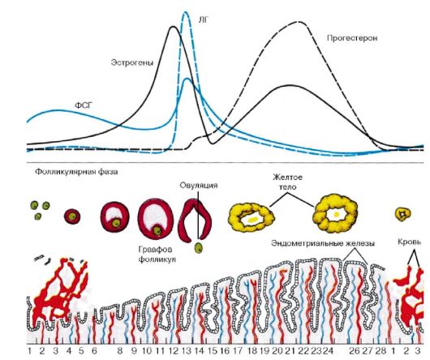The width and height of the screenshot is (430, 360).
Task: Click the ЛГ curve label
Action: pos(202,19)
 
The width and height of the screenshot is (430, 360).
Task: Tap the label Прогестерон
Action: pos(352,38)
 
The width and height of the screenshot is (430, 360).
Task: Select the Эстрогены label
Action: pos(132,62)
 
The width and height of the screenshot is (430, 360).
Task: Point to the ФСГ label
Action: pos(83,105)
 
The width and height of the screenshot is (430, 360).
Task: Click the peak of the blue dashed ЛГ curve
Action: pos(186,12)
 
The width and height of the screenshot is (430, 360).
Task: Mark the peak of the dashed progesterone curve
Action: pos(299,22)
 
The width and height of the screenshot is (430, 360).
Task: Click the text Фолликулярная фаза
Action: pos(76,172)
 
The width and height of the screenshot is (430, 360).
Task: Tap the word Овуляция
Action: pos(199,185)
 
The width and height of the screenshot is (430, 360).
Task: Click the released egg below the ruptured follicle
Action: pos(198,248)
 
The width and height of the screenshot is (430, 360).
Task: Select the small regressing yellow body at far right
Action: pos(403,214)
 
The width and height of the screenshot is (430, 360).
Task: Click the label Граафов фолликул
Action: pos(157,255)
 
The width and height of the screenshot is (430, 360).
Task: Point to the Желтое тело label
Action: pos(288,182)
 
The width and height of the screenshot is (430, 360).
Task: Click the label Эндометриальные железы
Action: pos(323,243)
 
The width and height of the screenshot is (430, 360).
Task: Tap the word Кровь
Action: pos(409,242)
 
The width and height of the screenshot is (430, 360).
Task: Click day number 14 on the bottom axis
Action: pos(200,351)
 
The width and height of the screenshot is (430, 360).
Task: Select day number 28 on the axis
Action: pos(381,351)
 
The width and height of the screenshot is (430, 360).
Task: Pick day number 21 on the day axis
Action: pos(290,351)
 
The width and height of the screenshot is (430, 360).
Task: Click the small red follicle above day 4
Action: pos(72,216)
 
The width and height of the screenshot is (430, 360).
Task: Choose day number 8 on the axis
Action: pos(119,351)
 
